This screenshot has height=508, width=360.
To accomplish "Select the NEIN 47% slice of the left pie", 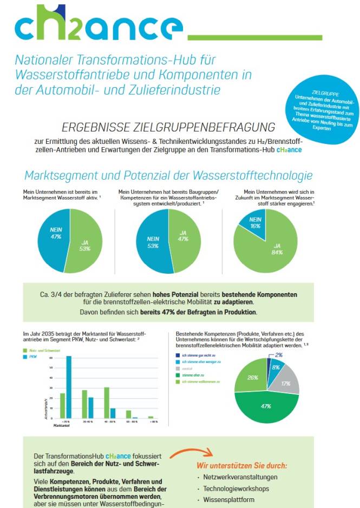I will pos(56,232).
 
